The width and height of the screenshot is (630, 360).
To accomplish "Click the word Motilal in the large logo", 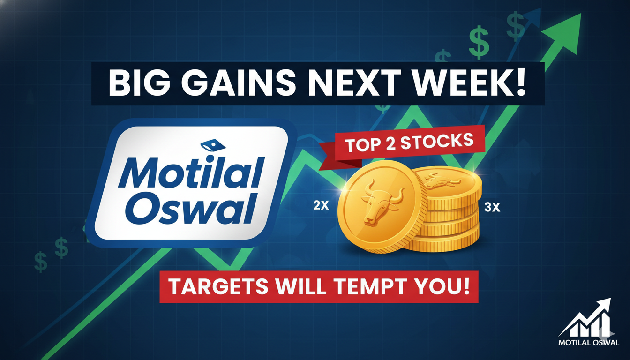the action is tap(192, 172).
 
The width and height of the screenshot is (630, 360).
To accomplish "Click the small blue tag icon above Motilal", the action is tap(213, 146).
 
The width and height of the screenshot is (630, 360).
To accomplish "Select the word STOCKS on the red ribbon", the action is tap(437, 142).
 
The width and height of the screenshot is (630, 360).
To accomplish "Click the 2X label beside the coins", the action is tap(321, 205).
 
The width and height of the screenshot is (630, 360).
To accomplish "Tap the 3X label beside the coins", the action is tap(492, 207).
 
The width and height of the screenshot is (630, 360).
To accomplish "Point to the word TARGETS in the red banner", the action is tap(218, 286).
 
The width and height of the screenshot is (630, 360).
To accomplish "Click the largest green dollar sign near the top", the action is tap(479, 42).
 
